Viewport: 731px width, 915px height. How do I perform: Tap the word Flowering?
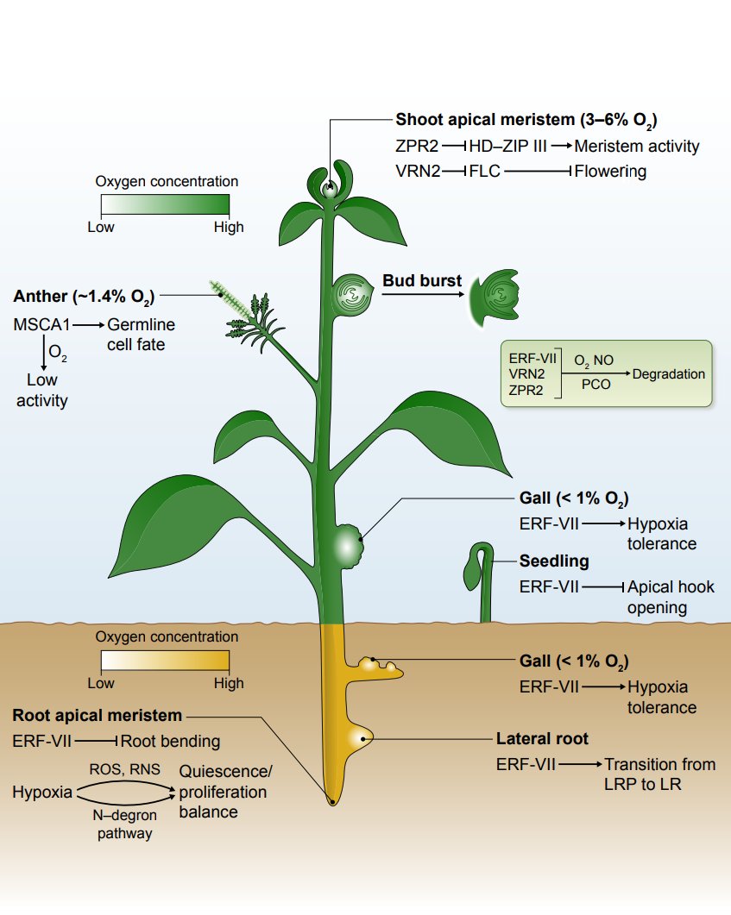click(610, 171)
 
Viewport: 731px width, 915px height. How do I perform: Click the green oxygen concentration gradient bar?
click(165, 204)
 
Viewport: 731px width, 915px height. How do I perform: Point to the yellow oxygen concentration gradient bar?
click(165, 661)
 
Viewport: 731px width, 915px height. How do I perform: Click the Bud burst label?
click(422, 281)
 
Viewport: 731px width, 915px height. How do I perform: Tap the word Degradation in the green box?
click(668, 374)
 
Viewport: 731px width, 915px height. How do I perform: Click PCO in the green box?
click(596, 385)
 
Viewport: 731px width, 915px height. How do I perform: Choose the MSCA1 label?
click(41, 325)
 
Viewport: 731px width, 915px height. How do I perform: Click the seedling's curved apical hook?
click(480, 552)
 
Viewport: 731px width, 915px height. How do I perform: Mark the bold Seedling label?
click(554, 561)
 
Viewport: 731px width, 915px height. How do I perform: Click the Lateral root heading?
click(542, 739)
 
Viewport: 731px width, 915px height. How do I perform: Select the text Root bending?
click(170, 741)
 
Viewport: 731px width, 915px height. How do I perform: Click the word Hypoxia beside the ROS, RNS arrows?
click(42, 792)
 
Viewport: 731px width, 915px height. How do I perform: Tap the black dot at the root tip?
click(332, 802)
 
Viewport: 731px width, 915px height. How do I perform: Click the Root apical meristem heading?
click(97, 715)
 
